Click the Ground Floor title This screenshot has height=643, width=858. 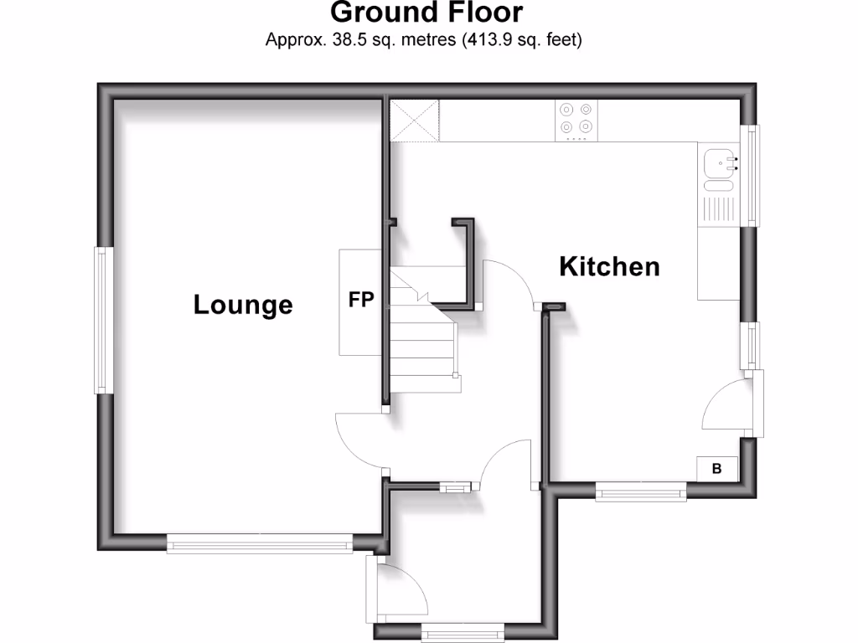[x=426, y=13]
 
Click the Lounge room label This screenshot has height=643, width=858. [x=243, y=304]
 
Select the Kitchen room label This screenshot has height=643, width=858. [x=609, y=267]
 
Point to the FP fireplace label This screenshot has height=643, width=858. [x=361, y=300]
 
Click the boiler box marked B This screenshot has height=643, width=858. [x=716, y=469]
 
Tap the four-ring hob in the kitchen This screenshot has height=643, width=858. [x=576, y=118]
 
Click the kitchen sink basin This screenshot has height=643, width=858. [x=718, y=162]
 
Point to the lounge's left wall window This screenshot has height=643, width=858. [x=103, y=319]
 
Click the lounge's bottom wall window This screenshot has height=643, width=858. [x=260, y=544]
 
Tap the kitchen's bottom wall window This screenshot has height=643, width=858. [x=641, y=493]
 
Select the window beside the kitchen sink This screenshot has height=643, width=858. [x=752, y=175]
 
